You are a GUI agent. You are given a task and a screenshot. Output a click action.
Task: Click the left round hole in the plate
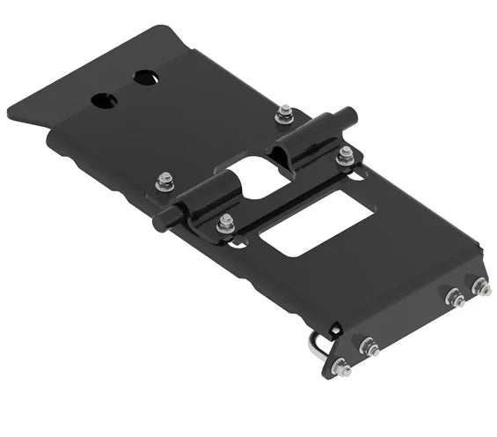click(103, 100)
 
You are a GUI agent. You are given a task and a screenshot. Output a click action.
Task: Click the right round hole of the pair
click(144, 78)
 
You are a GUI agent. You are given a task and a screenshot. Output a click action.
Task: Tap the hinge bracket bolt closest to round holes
click(164, 182)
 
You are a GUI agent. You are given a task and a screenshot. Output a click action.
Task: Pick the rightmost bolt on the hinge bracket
click(345, 155)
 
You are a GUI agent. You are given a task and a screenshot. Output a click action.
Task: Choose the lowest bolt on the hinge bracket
click(225, 223)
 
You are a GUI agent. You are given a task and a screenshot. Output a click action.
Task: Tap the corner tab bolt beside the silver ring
click(342, 367)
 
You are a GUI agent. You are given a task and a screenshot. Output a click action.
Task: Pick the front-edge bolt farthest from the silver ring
click(481, 288)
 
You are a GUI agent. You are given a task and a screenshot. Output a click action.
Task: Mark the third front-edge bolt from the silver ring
click(455, 299)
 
